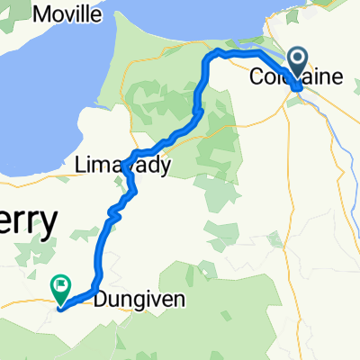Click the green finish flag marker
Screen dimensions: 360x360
click(x=61, y=287)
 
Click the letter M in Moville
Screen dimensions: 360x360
click(x=40, y=14)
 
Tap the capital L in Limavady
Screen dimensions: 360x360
click(x=83, y=166)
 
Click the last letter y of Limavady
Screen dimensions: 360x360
click(x=165, y=167)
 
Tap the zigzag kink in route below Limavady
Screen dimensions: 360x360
click(x=113, y=212)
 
